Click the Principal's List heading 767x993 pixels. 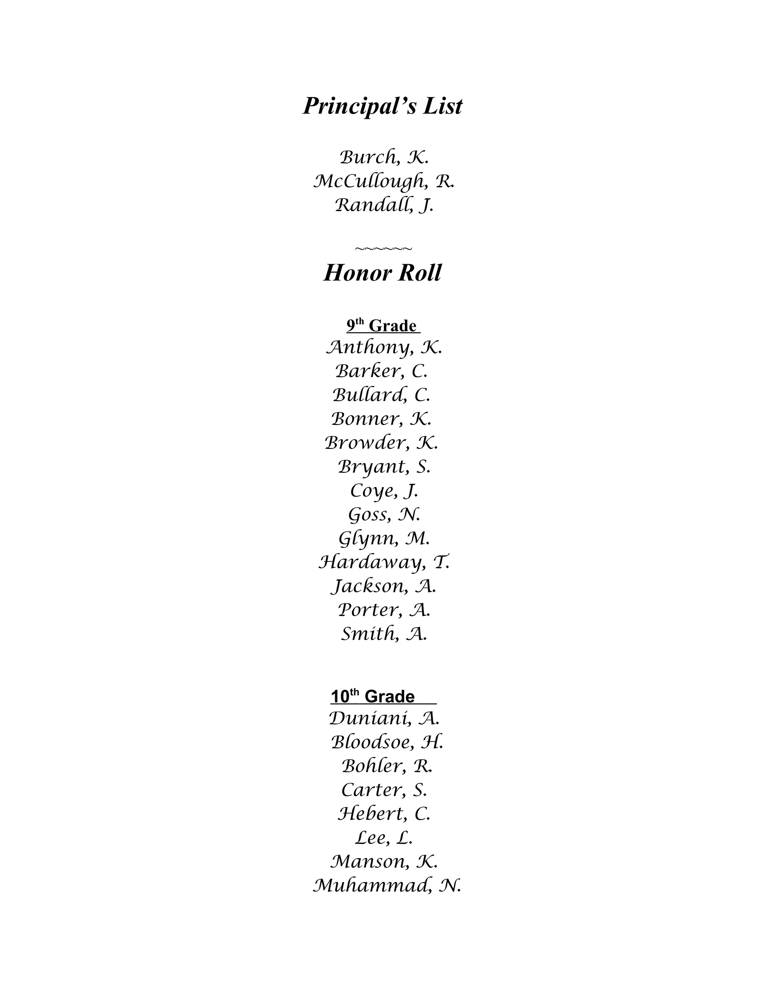click(x=383, y=106)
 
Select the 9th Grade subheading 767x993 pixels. click(x=383, y=326)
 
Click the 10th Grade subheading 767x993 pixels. click(x=383, y=697)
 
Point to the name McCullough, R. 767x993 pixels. click(x=384, y=182)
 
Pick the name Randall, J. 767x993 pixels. click(x=384, y=205)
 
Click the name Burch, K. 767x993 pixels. click(x=384, y=158)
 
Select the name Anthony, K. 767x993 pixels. click(x=384, y=348)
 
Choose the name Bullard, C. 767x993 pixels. click(x=382, y=395)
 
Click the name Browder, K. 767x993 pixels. click(x=382, y=443)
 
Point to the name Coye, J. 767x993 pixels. click(x=384, y=491)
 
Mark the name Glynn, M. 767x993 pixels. click(x=384, y=539)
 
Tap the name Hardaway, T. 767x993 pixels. click(x=384, y=563)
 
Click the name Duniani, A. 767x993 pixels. click(x=384, y=719)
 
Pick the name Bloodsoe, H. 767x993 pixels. click(x=386, y=742)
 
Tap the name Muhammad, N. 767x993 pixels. click(x=386, y=886)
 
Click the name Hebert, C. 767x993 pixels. click(x=384, y=814)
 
